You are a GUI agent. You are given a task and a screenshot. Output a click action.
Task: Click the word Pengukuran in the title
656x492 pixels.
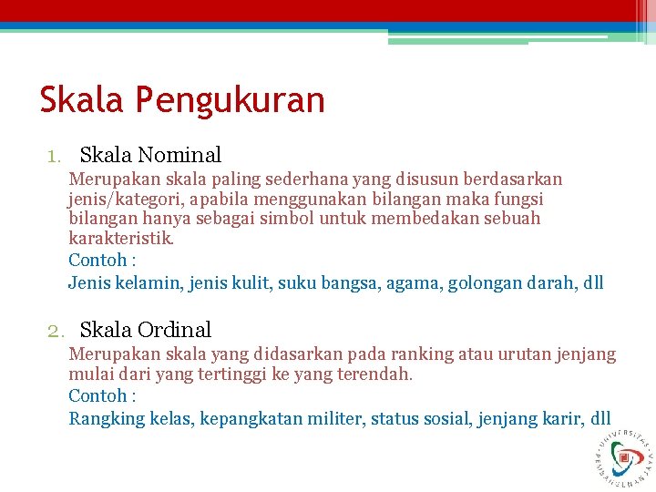point(231,100)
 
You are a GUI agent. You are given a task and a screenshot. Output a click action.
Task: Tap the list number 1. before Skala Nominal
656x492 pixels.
point(56,157)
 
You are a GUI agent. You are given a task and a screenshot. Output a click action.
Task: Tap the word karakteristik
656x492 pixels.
point(120,239)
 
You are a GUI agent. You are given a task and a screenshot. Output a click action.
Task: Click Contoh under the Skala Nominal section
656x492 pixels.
point(97,260)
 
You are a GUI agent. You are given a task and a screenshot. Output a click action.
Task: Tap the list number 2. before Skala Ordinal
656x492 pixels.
point(56,331)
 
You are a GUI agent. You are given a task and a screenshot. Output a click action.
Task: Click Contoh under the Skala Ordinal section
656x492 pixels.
point(97,395)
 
